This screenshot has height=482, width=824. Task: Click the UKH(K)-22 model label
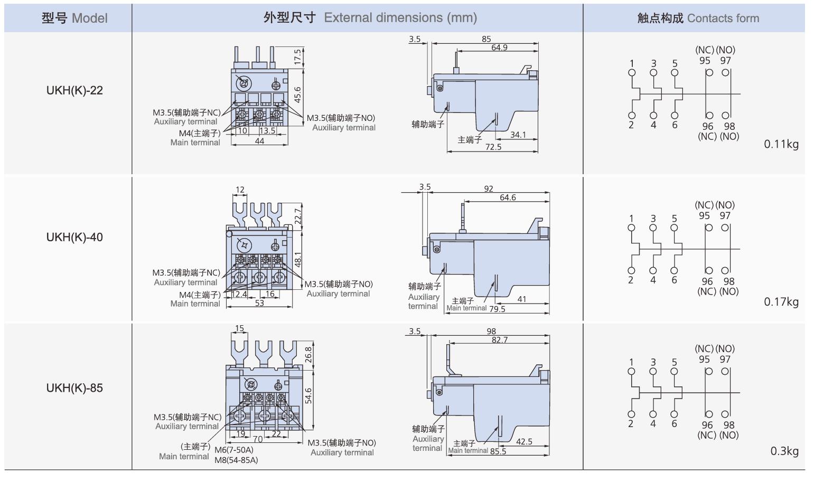click(74, 90)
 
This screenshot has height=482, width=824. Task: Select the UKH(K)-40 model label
click(74, 237)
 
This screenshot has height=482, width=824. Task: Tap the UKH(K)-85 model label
click(74, 388)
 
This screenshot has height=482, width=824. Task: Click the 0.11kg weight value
click(781, 144)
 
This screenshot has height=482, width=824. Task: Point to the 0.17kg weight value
click(781, 302)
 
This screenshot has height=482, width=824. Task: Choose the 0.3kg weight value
click(784, 451)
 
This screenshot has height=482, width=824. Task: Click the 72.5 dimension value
click(493, 147)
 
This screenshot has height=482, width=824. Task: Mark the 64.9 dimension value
click(499, 48)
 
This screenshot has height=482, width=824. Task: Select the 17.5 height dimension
click(297, 57)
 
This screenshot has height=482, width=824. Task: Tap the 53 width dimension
click(259, 303)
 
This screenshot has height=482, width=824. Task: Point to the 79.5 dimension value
click(497, 309)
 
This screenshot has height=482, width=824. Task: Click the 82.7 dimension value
click(500, 339)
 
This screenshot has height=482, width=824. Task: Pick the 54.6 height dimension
click(308, 395)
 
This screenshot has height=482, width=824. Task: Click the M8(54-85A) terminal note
click(236, 460)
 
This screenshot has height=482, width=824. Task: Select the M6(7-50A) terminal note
click(234, 450)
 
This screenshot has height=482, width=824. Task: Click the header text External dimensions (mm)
click(400, 17)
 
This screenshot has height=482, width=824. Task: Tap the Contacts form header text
click(723, 18)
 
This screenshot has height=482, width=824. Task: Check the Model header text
click(90, 18)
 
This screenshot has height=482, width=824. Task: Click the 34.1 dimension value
click(518, 135)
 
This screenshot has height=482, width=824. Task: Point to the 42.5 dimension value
click(524, 441)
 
